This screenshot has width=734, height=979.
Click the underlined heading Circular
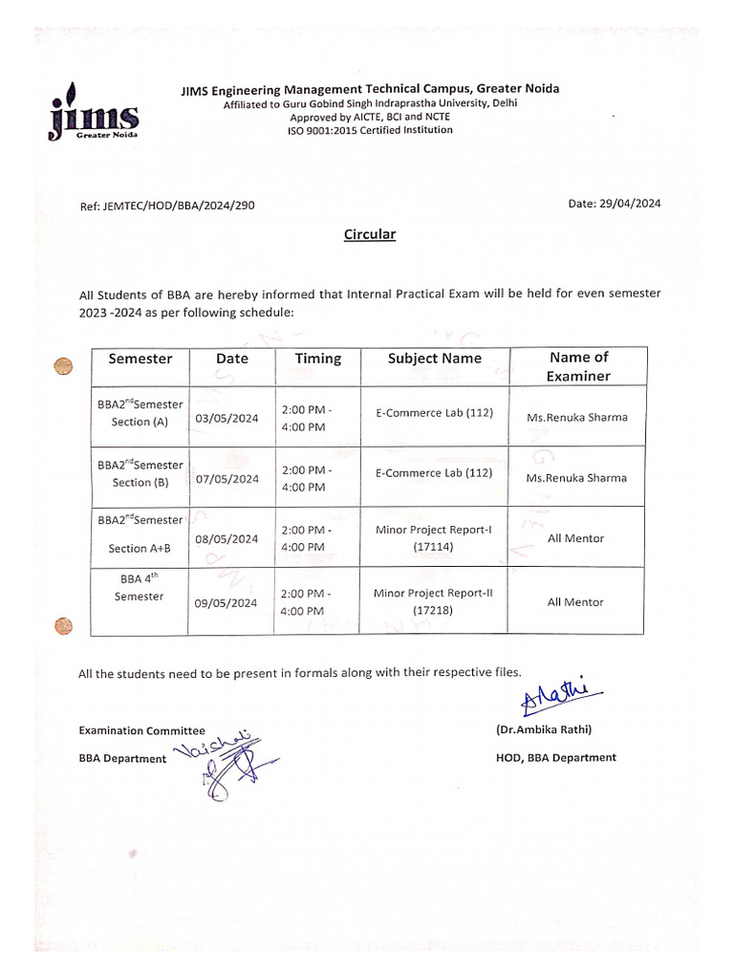tap(370, 234)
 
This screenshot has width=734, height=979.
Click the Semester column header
tap(140, 359)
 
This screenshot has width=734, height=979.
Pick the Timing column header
tap(317, 359)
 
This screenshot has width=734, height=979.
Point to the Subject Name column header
tap(435, 359)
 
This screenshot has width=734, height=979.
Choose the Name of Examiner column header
tap(578, 366)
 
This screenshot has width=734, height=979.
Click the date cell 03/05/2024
tap(227, 418)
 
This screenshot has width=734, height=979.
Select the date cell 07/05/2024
tap(227, 478)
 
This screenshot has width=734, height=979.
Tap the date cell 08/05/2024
tap(227, 539)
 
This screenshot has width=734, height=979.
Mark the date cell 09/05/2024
tap(227, 602)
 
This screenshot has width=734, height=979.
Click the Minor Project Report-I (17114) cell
tap(434, 538)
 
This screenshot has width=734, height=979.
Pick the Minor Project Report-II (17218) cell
tap(434, 601)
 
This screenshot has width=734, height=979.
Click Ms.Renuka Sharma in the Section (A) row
tap(577, 418)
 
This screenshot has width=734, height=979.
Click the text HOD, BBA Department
tap(555, 757)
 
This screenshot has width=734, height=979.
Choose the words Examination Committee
tap(141, 730)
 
